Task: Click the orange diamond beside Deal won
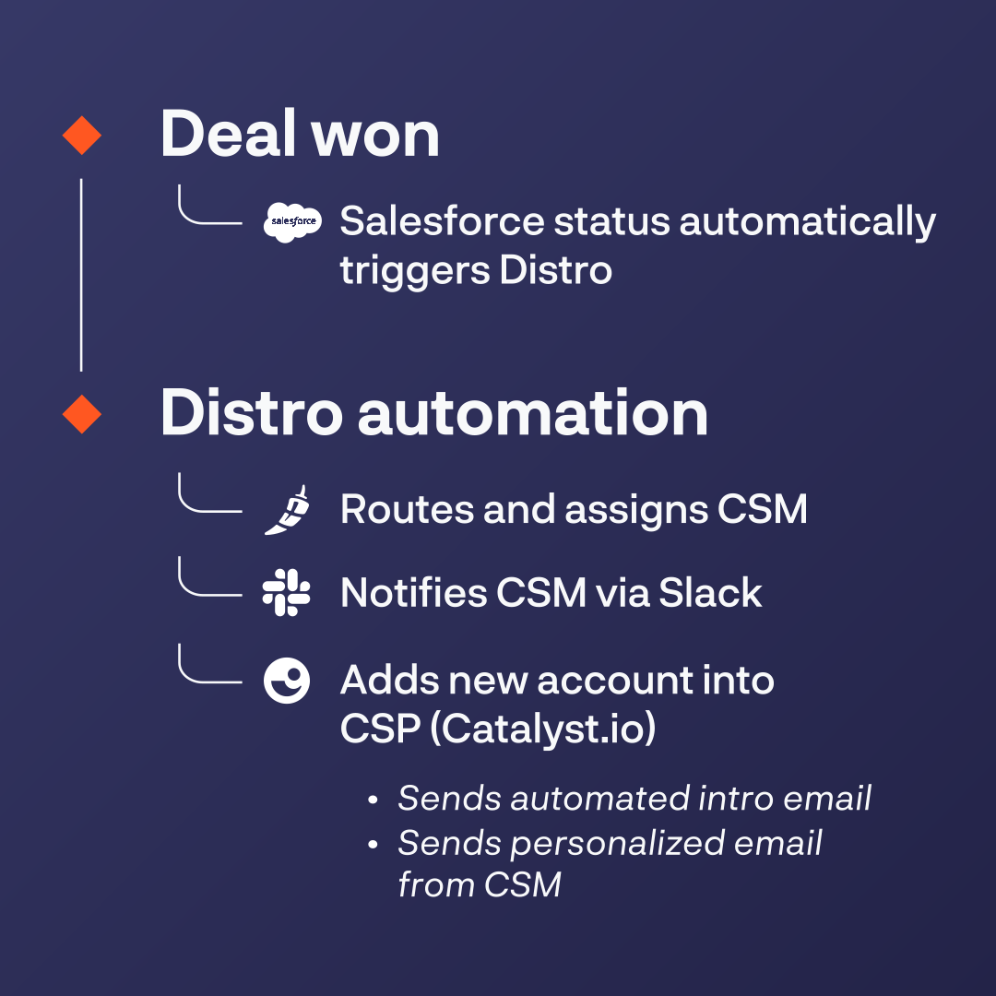coord(82,136)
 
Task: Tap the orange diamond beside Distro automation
coord(82,414)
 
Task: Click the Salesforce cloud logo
coord(293,221)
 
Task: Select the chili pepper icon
coord(287,510)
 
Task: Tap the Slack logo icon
coord(287,593)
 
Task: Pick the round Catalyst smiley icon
coord(287,681)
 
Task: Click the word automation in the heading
coord(533,413)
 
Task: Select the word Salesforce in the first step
coord(442,221)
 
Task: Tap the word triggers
coord(415,271)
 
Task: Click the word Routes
coord(408,509)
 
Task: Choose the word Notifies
coord(413,592)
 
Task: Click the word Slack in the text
coord(710,593)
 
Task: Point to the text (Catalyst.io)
coord(543,729)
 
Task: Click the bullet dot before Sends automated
coord(373,800)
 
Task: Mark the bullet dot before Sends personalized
coord(373,845)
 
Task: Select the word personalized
coord(616,845)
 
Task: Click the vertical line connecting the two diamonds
coord(81,275)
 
